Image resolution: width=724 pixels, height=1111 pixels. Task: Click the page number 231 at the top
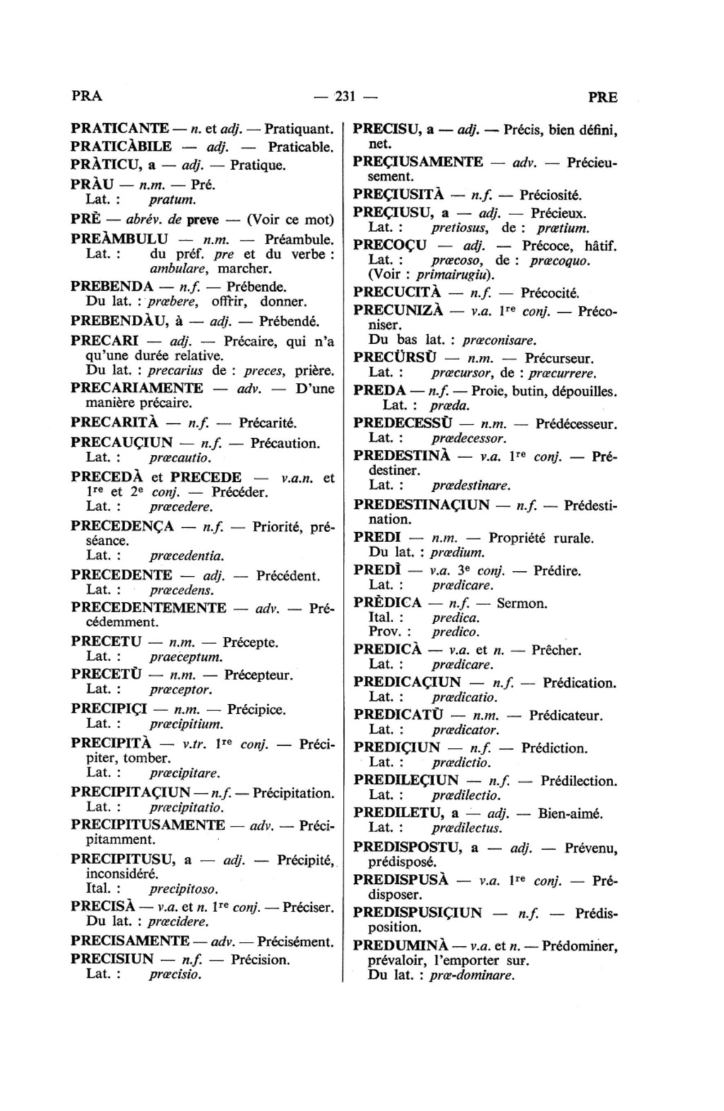344,97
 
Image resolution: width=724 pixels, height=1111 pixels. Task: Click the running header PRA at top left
87,97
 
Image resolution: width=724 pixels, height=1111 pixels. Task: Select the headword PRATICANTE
119,129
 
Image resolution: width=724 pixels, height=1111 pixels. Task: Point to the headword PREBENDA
112,287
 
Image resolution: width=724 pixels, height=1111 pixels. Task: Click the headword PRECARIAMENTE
137,388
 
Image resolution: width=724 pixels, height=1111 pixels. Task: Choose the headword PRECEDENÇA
123,526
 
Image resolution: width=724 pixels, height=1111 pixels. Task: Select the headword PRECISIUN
112,960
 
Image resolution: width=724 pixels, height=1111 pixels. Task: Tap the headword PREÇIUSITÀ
398,195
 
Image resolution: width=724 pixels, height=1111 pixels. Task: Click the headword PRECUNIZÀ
398,311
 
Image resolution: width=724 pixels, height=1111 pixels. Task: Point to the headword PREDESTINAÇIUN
421,505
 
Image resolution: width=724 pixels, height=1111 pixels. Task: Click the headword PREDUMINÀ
398,945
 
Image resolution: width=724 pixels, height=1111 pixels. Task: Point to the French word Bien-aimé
570,813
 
